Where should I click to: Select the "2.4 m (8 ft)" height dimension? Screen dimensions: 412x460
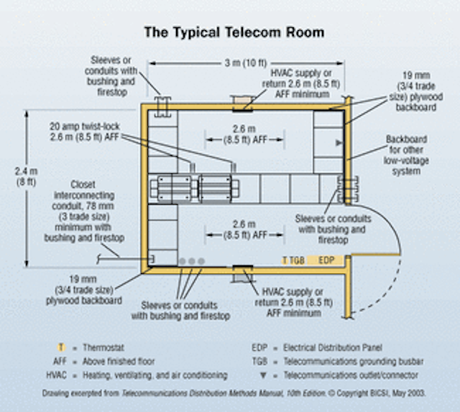[x=27, y=178]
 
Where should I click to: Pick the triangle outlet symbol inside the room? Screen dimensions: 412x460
[x=339, y=144]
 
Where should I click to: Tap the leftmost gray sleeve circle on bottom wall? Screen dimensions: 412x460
[x=182, y=260]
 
